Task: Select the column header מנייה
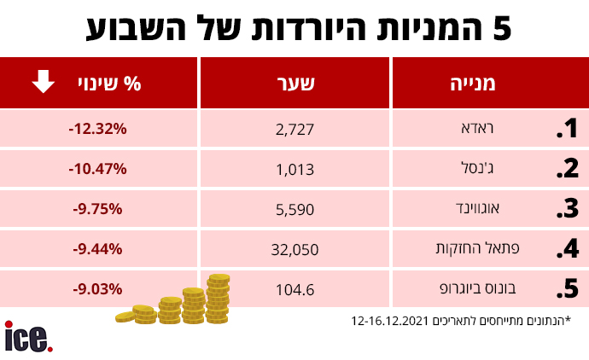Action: coord(474,84)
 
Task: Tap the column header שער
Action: coord(296,84)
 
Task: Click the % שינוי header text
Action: coord(120,84)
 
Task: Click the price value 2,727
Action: coord(296,130)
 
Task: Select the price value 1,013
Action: coord(296,169)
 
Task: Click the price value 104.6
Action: coord(296,290)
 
